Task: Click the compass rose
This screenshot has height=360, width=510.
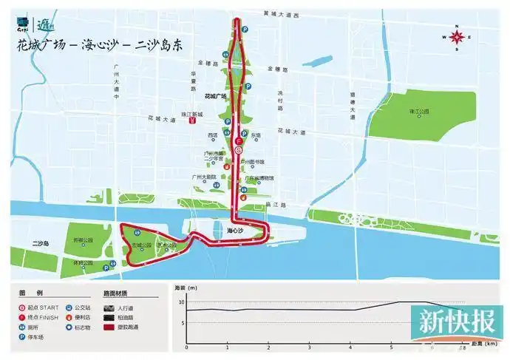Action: (458, 35)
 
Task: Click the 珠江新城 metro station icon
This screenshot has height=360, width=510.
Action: (191, 122)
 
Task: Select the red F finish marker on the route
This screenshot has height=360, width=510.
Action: (238, 140)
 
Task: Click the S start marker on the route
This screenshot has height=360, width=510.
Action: (238, 149)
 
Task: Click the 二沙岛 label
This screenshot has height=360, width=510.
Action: (40, 242)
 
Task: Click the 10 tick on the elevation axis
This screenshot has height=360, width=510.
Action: (181, 302)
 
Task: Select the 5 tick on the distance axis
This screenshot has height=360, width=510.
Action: (391, 346)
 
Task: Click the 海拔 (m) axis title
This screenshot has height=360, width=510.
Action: (186, 287)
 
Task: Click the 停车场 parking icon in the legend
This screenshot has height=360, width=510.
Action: (23, 336)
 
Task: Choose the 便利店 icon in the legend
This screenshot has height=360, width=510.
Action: (68, 316)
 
